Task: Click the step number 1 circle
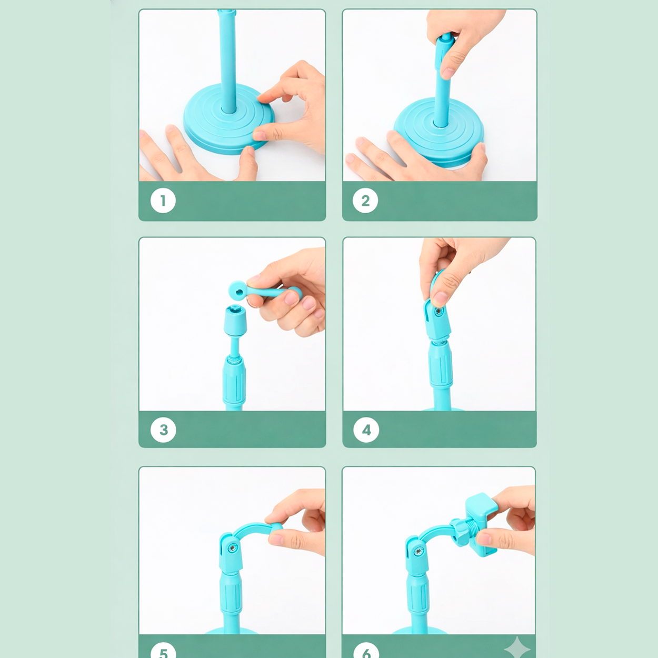[x=163, y=201]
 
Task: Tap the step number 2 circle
[x=365, y=201]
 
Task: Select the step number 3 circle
[x=163, y=430]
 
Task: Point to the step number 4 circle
[x=366, y=430]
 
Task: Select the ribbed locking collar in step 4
[x=441, y=365]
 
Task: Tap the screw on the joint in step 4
[x=439, y=312]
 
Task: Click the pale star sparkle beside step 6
[x=517, y=648]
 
